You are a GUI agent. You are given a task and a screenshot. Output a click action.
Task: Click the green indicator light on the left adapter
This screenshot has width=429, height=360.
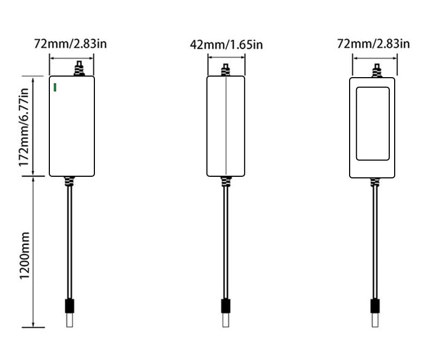click(x=55, y=87)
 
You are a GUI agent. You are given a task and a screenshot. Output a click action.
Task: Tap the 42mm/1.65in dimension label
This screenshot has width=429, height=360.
click(x=226, y=45)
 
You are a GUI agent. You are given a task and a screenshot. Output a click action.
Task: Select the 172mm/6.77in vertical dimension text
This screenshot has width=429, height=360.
click(x=24, y=127)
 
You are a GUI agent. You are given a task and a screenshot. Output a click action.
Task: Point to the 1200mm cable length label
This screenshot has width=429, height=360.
click(x=25, y=256)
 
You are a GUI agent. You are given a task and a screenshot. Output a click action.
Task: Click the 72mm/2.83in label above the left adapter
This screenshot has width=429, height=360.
click(x=70, y=44)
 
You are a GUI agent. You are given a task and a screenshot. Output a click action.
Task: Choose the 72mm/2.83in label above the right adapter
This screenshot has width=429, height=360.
click(x=373, y=44)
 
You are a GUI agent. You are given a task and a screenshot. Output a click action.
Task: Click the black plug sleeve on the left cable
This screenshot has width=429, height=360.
click(x=70, y=306)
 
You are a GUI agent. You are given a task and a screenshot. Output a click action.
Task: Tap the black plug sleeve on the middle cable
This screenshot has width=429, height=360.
click(x=226, y=306)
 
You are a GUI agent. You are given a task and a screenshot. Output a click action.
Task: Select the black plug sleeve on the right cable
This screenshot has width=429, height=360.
click(x=375, y=306)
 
